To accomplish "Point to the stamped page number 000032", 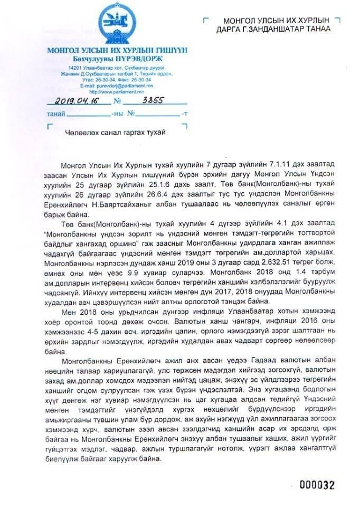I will click(317, 485).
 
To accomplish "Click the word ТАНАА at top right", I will click(314, 29).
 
